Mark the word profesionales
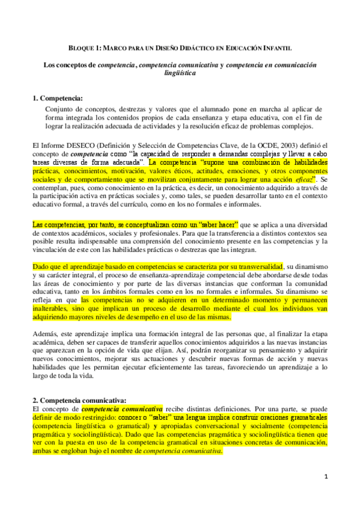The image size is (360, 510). click(173, 233)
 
